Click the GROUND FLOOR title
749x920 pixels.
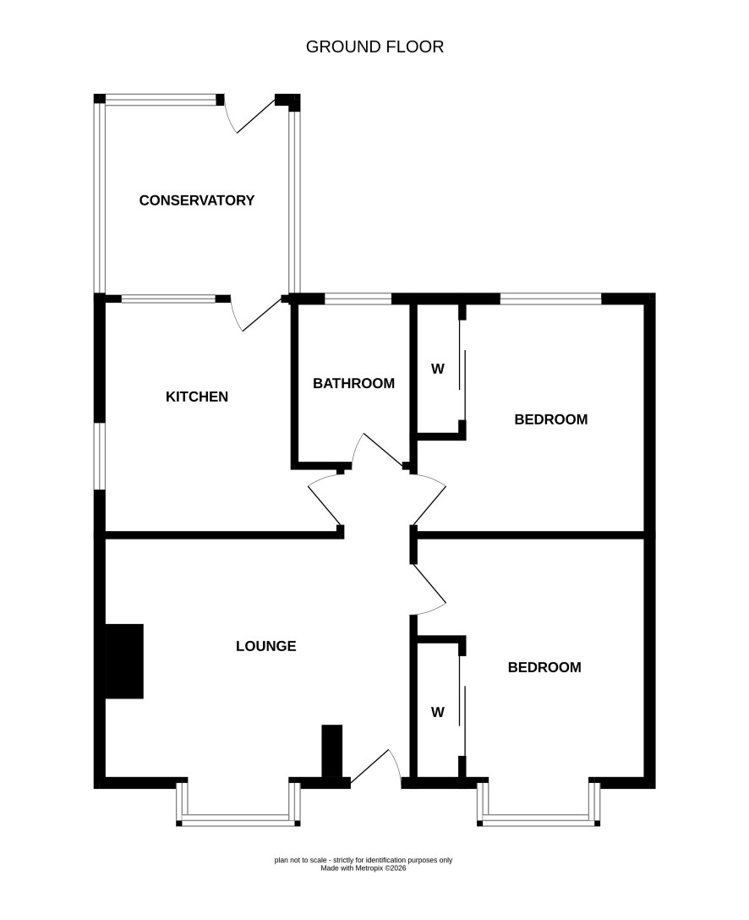pyautogui.click(x=374, y=47)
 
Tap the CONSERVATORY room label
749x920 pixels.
pyautogui.click(x=197, y=200)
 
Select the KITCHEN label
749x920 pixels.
pyautogui.click(x=197, y=397)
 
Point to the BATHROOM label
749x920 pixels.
pyautogui.click(x=353, y=383)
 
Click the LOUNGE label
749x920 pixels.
pyautogui.click(x=266, y=646)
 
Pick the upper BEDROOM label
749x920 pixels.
pyautogui.click(x=550, y=419)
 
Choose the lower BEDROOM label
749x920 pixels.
pyautogui.click(x=544, y=667)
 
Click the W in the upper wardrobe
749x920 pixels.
pyautogui.click(x=438, y=369)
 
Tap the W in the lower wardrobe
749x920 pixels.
pyautogui.click(x=438, y=712)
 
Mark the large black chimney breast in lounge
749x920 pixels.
pyautogui.click(x=124, y=661)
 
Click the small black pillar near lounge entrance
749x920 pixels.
pyautogui.click(x=332, y=752)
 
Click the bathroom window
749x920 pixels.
pyautogui.click(x=358, y=298)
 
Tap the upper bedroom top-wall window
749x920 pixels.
pyautogui.click(x=550, y=298)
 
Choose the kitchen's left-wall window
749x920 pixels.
pyautogui.click(x=100, y=456)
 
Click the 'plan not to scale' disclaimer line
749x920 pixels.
pyautogui.click(x=363, y=860)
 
